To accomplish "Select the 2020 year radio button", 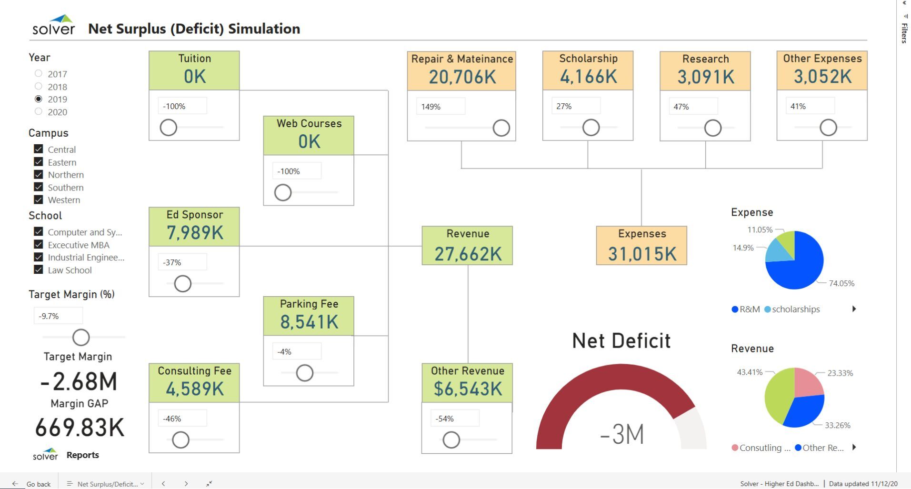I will [x=39, y=112].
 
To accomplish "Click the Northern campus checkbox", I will [x=39, y=175].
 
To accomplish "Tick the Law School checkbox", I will [x=39, y=270].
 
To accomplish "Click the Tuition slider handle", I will [x=169, y=128].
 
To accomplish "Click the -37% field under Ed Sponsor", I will [x=182, y=262].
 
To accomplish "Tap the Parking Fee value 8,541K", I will [x=309, y=322].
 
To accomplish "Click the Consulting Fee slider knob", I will [x=181, y=440].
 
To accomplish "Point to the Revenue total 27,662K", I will [x=468, y=254].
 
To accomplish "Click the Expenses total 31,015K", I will [x=642, y=254].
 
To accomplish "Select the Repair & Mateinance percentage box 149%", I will [x=440, y=107].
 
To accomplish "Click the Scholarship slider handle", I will [x=591, y=128].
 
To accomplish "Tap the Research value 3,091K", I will [x=706, y=77].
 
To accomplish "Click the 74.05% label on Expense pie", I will [x=841, y=283].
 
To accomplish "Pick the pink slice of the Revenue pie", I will [x=808, y=383].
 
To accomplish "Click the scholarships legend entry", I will [x=795, y=309].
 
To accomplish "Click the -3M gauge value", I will [x=622, y=434].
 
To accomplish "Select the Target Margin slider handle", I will [x=81, y=338].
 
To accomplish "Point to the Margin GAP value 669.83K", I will [x=80, y=428].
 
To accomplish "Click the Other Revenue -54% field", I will [x=455, y=419].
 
